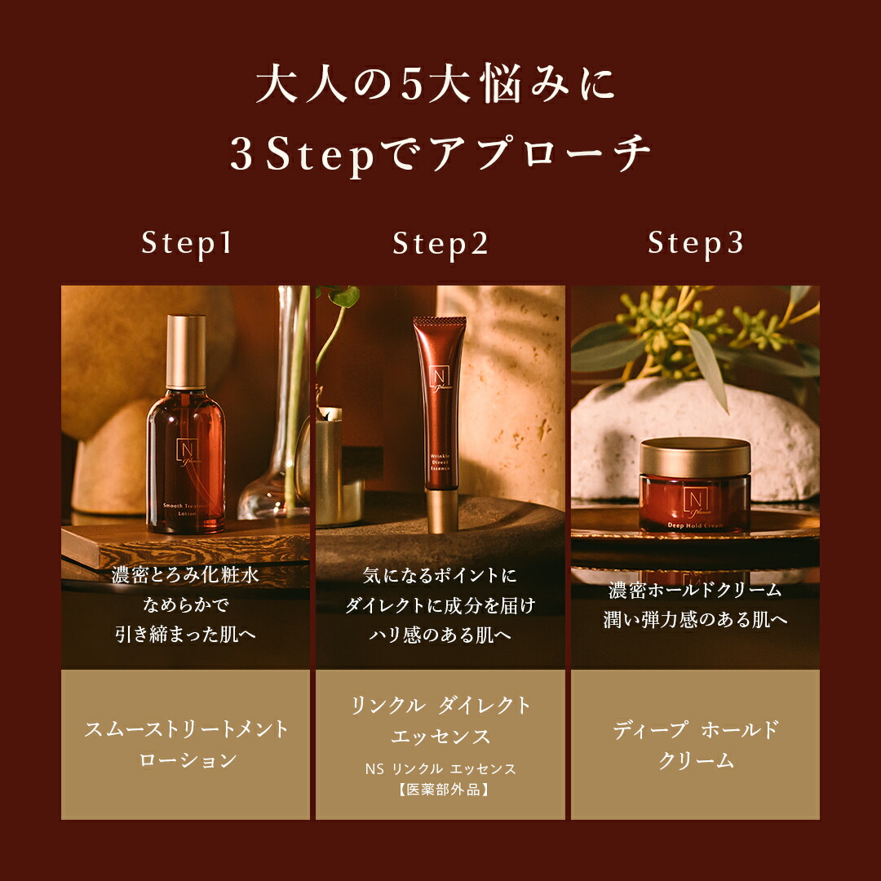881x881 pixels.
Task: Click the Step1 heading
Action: pyautogui.click(x=187, y=244)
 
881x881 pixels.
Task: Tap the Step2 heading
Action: pyautogui.click(x=440, y=244)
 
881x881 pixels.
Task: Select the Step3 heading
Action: pyautogui.click(x=695, y=244)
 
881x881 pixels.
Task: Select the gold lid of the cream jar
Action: pyautogui.click(x=695, y=457)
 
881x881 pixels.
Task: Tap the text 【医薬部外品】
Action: pyautogui.click(x=440, y=790)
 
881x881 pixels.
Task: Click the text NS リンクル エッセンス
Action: pyautogui.click(x=440, y=769)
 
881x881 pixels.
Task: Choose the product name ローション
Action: pyautogui.click(x=187, y=759)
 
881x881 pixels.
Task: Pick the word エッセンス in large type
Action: pyautogui.click(x=440, y=737)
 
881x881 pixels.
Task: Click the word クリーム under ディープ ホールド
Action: pyautogui.click(x=695, y=760)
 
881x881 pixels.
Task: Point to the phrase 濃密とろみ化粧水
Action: pyautogui.click(x=187, y=576)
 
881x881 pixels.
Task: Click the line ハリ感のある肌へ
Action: pyautogui.click(x=440, y=634)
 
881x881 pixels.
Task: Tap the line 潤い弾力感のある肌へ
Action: pyautogui.click(x=695, y=620)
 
